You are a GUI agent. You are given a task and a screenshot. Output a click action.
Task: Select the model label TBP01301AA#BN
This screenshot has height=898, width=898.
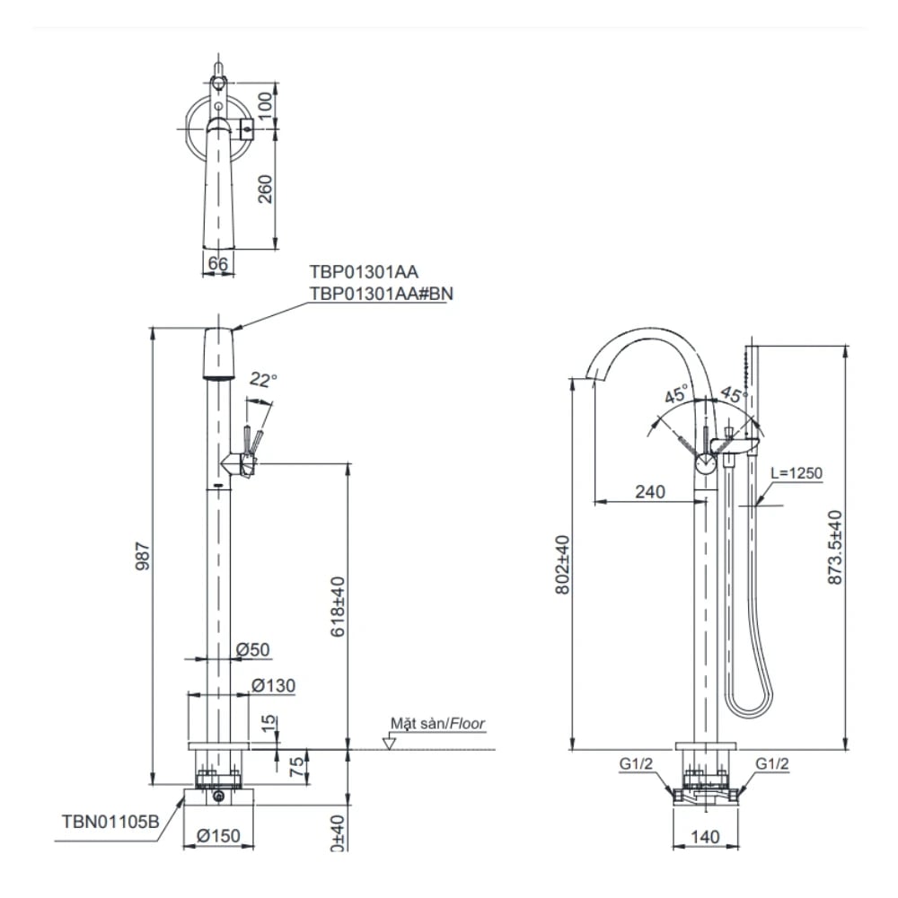[x=377, y=293]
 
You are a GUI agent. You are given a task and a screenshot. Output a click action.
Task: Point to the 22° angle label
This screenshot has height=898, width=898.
[x=263, y=380]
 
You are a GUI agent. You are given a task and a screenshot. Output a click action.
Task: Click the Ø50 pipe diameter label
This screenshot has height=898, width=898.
[x=253, y=649]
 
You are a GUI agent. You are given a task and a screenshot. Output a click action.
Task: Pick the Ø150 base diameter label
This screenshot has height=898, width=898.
[x=217, y=836]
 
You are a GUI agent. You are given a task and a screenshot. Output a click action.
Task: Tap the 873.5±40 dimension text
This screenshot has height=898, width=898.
[x=836, y=549]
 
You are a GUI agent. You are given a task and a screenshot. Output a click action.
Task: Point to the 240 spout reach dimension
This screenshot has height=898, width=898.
[x=649, y=491]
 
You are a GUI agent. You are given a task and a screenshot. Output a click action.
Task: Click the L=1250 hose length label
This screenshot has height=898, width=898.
[x=796, y=473]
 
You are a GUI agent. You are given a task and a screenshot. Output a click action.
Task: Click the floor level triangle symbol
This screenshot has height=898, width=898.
[x=389, y=743]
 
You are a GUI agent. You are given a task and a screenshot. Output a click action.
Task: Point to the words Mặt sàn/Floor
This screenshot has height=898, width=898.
[x=437, y=723]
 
